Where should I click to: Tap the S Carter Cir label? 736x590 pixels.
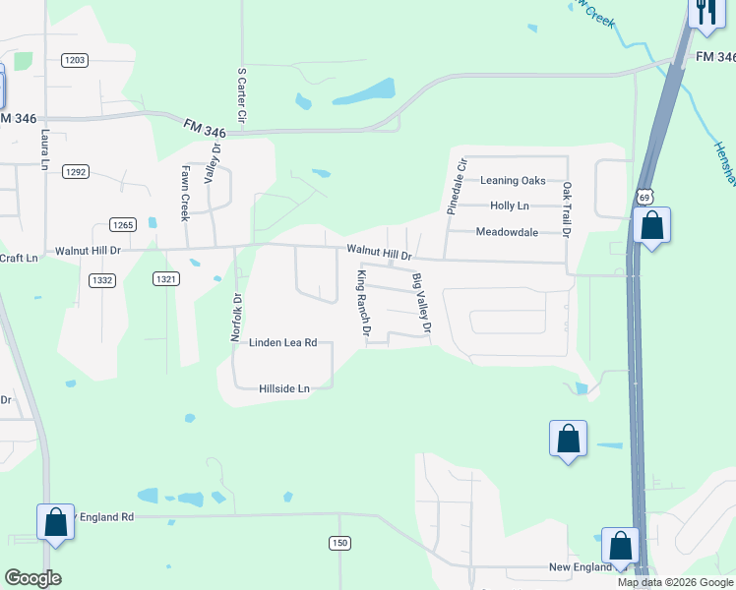(x=241, y=95)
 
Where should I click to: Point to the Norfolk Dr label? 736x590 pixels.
(x=236, y=317)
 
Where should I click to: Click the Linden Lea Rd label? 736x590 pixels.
(x=282, y=342)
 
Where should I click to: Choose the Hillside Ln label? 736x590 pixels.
(x=283, y=388)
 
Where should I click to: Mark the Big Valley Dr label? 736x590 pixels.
(x=421, y=302)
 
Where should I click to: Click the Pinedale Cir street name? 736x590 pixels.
(x=456, y=185)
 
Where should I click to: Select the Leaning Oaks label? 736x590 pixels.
(x=512, y=180)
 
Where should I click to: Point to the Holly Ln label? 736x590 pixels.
(x=509, y=206)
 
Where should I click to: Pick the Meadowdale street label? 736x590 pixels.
(x=507, y=232)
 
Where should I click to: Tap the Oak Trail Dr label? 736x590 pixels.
(x=567, y=208)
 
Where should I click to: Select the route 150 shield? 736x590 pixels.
(x=339, y=543)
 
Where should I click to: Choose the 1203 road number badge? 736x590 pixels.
(x=75, y=60)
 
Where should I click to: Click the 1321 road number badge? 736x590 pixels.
(x=166, y=279)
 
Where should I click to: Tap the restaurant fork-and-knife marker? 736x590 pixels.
(x=706, y=13)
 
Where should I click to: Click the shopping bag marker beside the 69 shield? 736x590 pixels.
(x=651, y=225)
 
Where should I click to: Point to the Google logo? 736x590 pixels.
(x=32, y=578)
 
